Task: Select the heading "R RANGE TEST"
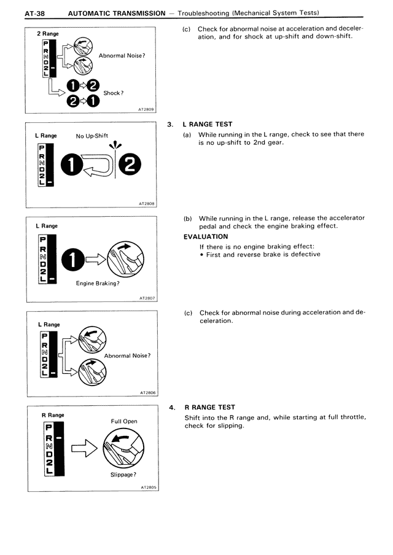[x=209, y=408]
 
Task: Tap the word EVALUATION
[x=206, y=236]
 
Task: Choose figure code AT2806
[x=147, y=392]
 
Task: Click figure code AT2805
[x=147, y=487]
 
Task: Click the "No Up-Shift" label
[x=92, y=136]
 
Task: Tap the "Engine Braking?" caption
[x=98, y=283]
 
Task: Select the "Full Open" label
[x=124, y=421]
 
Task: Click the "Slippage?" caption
[x=123, y=475]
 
